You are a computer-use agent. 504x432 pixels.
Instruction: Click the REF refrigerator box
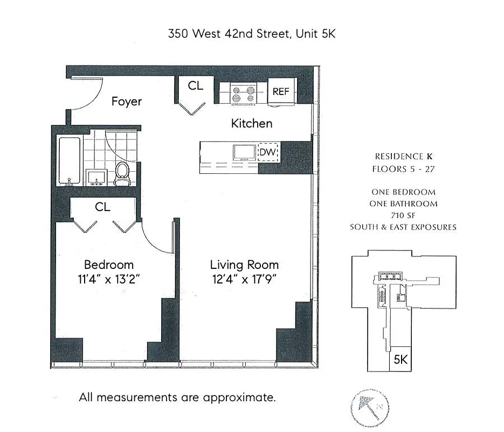(281, 91)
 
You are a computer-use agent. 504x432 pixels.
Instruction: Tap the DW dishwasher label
(267, 153)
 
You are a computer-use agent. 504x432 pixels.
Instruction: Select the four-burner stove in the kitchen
(243, 92)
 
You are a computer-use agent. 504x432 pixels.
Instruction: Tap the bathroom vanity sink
(97, 177)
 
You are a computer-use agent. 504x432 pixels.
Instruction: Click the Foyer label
(127, 102)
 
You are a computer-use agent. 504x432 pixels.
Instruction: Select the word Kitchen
(252, 123)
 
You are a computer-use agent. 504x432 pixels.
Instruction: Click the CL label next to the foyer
(195, 85)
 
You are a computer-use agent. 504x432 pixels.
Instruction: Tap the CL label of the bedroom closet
(102, 207)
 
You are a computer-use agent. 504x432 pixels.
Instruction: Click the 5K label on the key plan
(400, 359)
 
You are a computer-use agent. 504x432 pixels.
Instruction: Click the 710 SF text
(403, 215)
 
